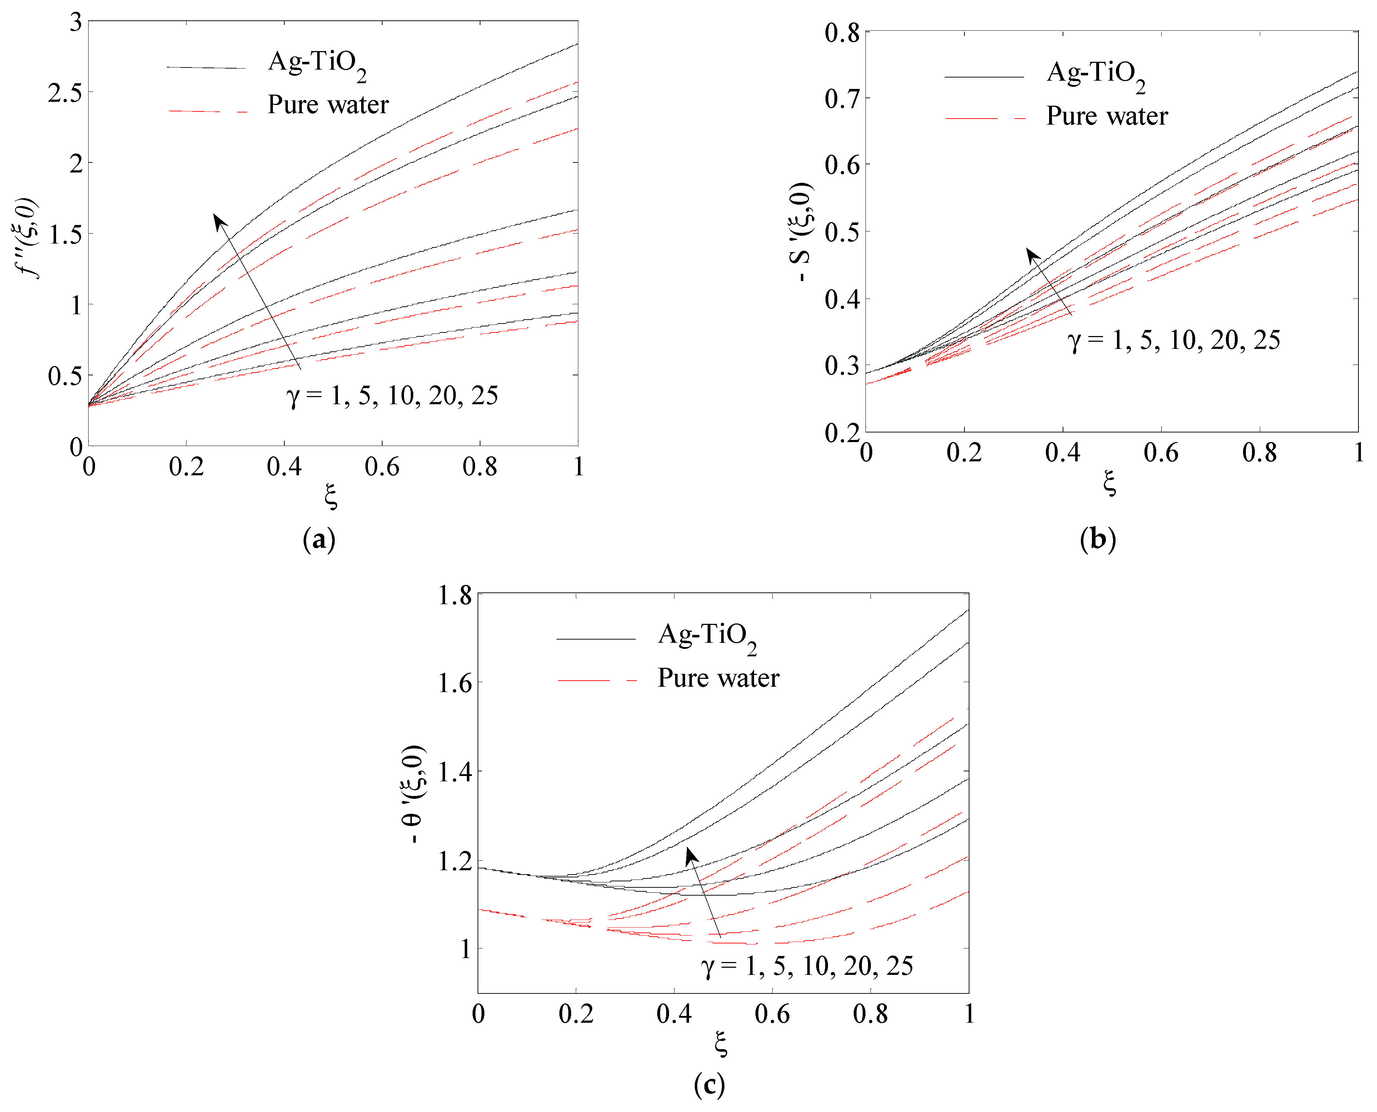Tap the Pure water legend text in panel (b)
(x=1107, y=116)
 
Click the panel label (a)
(x=319, y=539)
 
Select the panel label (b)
(x=1098, y=539)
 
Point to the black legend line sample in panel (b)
(x=984, y=77)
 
